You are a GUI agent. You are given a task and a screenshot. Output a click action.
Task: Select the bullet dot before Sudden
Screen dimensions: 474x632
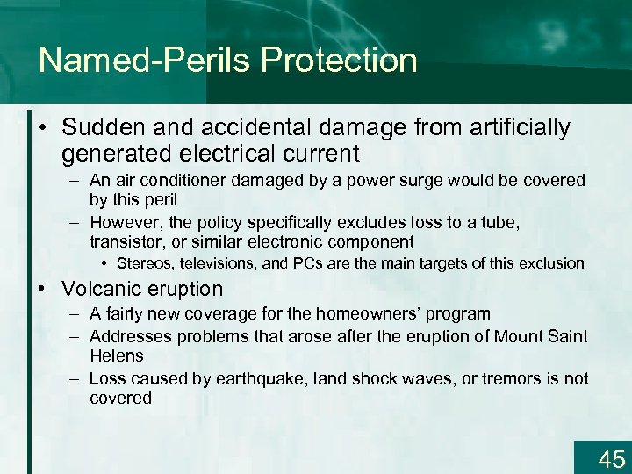(x=44, y=129)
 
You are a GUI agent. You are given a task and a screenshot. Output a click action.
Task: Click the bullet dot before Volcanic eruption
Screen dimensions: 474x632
(x=44, y=289)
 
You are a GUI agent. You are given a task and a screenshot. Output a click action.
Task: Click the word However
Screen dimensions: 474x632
(x=121, y=222)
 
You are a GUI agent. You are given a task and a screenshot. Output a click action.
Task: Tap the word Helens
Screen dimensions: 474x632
(x=116, y=355)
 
